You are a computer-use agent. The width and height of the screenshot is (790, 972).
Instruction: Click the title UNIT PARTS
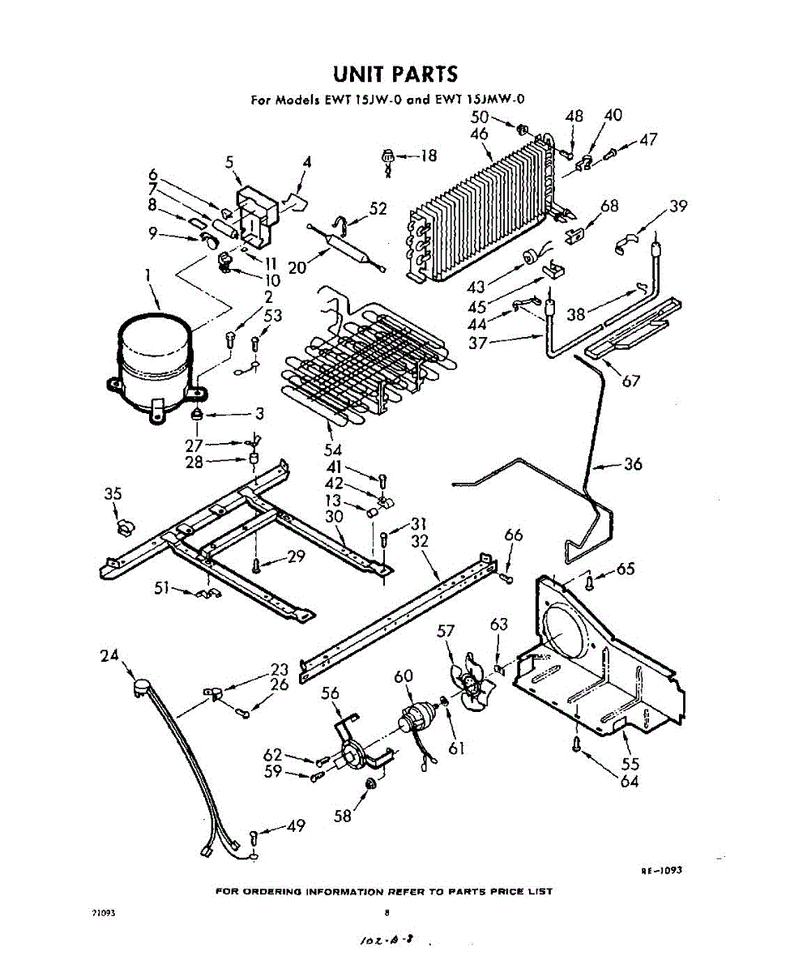(x=395, y=75)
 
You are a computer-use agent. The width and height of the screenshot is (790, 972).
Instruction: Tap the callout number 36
(x=633, y=464)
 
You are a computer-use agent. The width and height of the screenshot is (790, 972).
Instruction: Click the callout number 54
(x=333, y=450)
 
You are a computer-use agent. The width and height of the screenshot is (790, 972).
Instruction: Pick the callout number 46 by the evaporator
(x=479, y=134)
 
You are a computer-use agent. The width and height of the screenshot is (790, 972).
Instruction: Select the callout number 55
(x=629, y=762)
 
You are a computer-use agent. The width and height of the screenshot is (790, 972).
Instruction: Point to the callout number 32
(x=419, y=540)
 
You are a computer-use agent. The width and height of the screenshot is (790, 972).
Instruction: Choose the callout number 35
(x=113, y=495)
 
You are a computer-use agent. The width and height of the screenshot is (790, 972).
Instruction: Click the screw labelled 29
(x=256, y=565)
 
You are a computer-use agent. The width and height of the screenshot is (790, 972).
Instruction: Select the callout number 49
(x=296, y=826)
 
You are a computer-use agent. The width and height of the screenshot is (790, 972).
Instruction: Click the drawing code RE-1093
(x=661, y=870)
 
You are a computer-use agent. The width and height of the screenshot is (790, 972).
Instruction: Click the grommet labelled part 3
(x=197, y=415)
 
